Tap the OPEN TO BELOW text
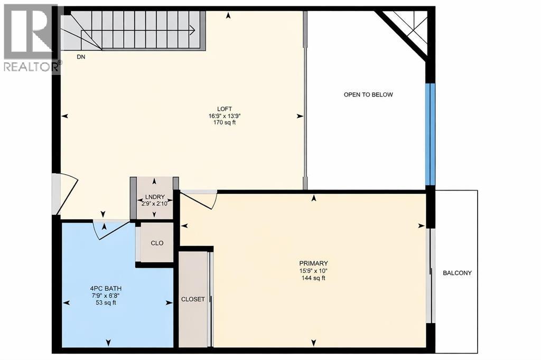[368, 95]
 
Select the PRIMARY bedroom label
[313, 263]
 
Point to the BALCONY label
[457, 273]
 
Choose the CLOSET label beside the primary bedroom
[193, 299]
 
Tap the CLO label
[157, 243]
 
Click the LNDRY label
[155, 198]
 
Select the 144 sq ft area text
[313, 278]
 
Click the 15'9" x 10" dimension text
[313, 271]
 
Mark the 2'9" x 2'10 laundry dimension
[155, 204]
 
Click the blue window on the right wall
[431, 134]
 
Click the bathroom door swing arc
[111, 230]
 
